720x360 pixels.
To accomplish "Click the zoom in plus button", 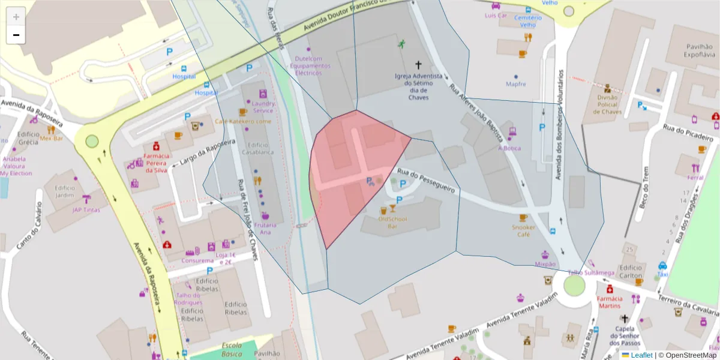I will point(16,16).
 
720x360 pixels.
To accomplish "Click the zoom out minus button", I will point(16,35).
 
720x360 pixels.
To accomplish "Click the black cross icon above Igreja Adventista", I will point(418,64).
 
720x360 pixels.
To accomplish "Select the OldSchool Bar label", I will point(392,223).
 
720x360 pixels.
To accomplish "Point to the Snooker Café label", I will point(524,231).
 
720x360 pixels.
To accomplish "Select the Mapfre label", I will point(516,85).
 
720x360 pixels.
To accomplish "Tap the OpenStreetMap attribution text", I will point(686,355).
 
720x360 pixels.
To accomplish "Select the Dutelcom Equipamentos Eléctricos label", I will point(309,65).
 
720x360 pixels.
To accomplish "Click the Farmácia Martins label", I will point(609,302).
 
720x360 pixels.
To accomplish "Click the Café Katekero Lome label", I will point(243,121).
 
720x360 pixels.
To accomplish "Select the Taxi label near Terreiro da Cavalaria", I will point(662,274).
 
